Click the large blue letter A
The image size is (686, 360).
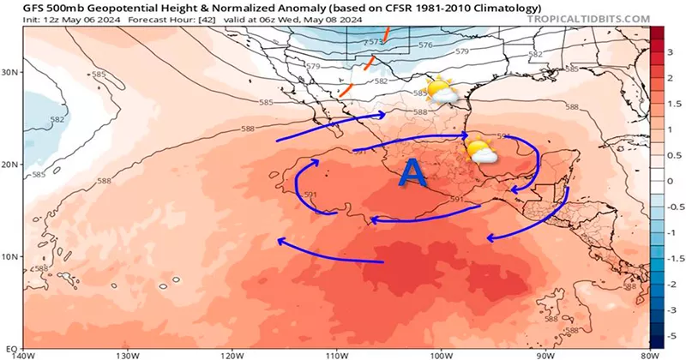pyautogui.click(x=413, y=174)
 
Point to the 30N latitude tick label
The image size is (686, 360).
pyautogui.click(x=10, y=73)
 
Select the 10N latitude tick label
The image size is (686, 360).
pyautogui.click(x=10, y=256)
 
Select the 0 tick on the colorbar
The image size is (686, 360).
pyautogui.click(x=673, y=181)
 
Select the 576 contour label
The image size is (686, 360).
pyautogui.click(x=425, y=44)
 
